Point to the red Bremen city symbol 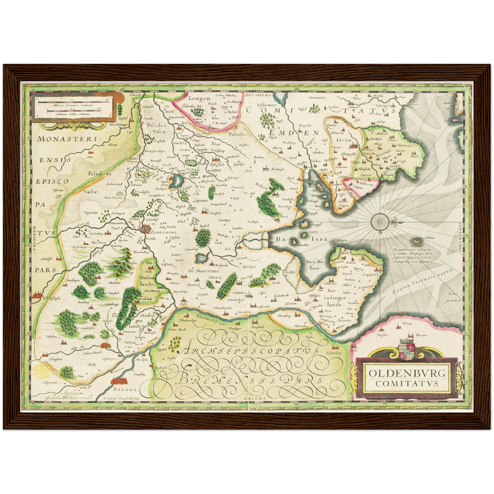coord(118,381)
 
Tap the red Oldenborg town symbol coord(146,229)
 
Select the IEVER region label coord(344,140)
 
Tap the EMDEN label coord(294,133)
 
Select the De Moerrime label coord(204,270)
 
